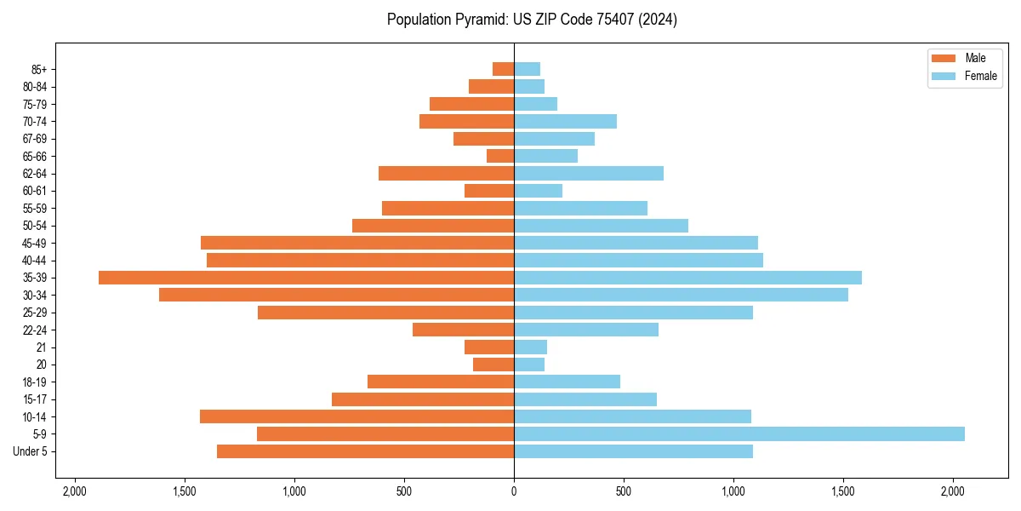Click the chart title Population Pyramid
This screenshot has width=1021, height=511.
coord(532,20)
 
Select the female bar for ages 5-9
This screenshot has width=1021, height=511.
coord(739,433)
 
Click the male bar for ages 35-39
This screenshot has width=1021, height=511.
coord(306,278)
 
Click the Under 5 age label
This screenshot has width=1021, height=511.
coord(31,451)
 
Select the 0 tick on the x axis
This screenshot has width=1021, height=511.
coord(514,491)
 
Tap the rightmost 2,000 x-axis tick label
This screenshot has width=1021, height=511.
coord(953,491)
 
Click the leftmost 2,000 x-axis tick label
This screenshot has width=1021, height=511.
coord(75,491)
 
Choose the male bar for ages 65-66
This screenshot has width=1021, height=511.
coord(500,156)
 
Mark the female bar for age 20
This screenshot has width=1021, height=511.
coord(529,365)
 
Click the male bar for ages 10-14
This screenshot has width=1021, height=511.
coord(356,416)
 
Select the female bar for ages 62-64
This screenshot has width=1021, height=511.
coord(589,173)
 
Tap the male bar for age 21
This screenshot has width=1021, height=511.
coord(489,347)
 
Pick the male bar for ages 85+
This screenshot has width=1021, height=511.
coord(503,69)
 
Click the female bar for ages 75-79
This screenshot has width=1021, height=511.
coord(535,104)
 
